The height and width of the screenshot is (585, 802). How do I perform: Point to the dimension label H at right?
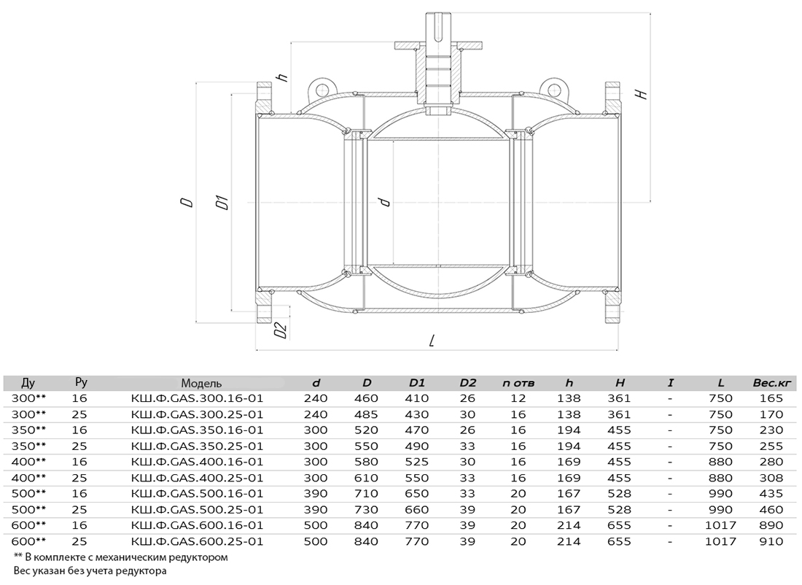(640, 93)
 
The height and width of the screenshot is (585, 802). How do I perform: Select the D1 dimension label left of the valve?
(222, 202)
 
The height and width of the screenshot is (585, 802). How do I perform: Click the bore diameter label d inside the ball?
(385, 201)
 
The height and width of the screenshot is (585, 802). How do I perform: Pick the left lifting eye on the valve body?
(322, 90)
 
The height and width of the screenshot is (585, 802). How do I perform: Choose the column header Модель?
(201, 383)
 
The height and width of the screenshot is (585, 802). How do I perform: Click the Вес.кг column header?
(772, 382)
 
